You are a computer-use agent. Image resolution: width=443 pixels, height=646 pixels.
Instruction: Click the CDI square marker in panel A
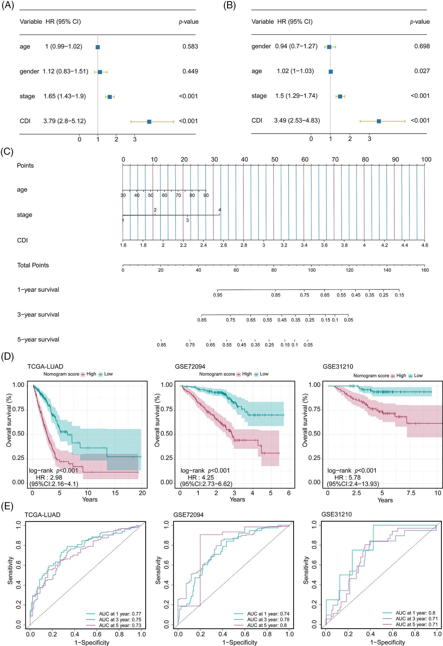coord(149,122)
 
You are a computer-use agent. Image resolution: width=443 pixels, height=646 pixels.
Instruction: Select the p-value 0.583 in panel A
coord(190,46)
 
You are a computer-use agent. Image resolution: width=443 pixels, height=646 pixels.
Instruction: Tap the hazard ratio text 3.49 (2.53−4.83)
coord(297,120)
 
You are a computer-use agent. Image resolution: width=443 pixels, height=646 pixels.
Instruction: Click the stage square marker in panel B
coord(340,96)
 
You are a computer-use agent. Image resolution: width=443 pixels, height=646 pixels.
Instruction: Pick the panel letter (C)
coord(7,152)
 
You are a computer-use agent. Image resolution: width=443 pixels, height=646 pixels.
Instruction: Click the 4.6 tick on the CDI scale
coord(425,245)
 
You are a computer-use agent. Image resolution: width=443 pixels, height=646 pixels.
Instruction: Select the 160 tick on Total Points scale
coord(425,270)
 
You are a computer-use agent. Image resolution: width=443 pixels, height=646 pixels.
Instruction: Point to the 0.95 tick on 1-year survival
coord(218,295)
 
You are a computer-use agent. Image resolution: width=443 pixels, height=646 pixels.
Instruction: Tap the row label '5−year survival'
coord(38,339)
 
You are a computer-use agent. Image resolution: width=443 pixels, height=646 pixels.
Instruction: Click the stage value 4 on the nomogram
coord(220,210)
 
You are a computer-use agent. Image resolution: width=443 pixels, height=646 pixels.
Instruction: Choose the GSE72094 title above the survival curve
coord(190,366)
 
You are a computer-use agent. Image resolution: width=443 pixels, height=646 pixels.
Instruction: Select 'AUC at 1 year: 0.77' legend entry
coord(120,614)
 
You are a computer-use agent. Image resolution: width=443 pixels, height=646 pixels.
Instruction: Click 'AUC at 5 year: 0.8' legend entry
coord(267,625)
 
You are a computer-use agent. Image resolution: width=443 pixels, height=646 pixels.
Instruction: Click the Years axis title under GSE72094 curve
coord(237,499)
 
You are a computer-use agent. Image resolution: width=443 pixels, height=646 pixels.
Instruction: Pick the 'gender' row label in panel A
coord(29,71)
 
